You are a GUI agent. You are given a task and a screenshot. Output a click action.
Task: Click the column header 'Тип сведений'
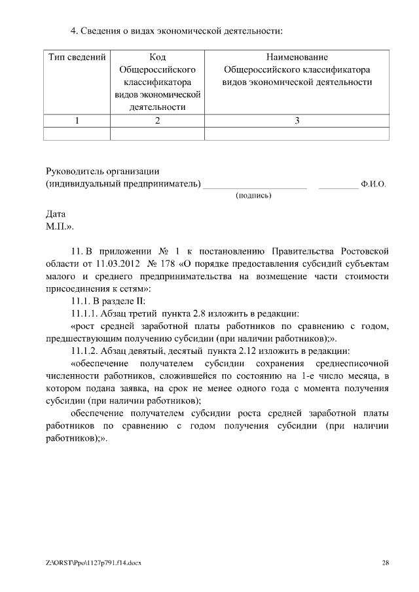coord(77,58)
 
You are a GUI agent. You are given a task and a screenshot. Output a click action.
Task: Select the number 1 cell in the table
coord(77,120)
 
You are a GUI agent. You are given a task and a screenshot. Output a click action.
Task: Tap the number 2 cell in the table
coord(157,120)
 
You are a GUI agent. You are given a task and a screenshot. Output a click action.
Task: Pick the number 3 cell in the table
coord(297,120)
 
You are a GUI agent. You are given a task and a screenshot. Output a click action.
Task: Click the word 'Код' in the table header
coord(157,58)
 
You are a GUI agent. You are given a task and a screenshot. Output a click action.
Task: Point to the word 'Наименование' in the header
coord(297,58)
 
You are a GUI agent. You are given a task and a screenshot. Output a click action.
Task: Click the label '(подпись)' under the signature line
coord(253,195)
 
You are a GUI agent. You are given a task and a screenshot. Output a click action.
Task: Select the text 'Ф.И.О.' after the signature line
coord(373,184)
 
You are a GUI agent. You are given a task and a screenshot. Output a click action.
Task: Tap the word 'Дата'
coord(56,214)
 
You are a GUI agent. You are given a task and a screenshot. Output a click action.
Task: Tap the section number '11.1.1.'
coord(85,313)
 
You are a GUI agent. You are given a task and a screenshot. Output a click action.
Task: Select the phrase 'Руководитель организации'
coord(103,171)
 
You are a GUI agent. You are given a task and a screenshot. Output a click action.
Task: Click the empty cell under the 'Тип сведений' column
coord(77,133)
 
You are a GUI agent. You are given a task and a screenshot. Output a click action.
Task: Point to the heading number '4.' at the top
coord(75,31)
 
